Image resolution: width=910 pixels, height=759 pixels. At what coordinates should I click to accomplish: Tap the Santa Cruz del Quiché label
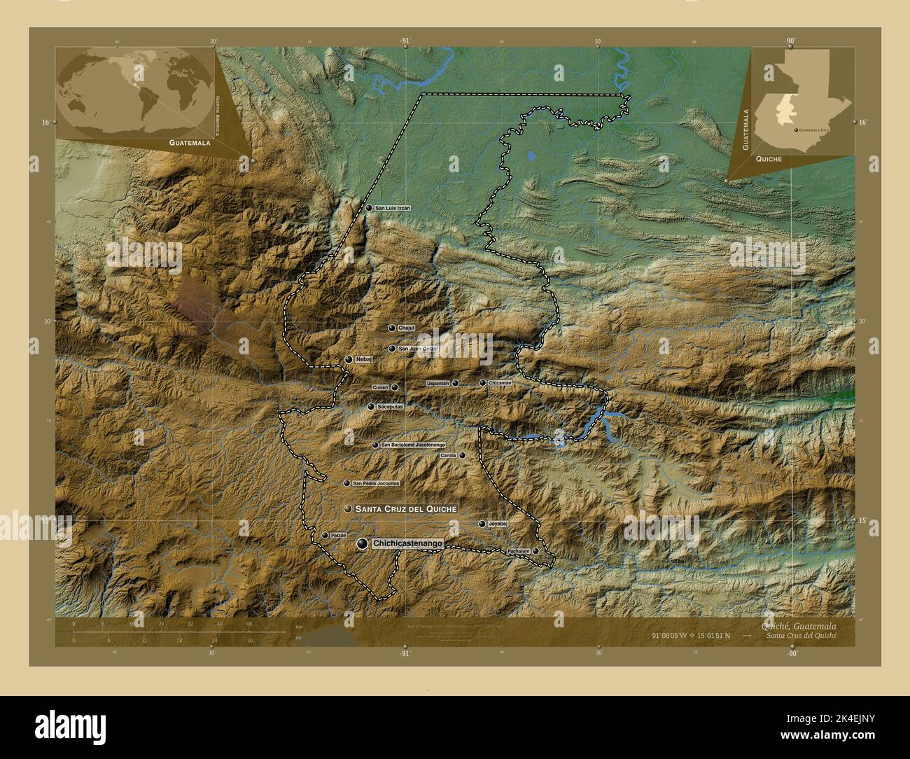(405, 508)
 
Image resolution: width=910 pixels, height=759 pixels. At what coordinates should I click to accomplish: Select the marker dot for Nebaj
(349, 359)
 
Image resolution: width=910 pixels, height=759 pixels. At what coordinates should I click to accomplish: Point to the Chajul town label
(406, 328)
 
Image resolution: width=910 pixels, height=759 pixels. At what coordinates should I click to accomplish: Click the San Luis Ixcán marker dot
(369, 208)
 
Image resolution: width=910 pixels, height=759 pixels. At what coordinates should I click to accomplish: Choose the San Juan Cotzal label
(418, 348)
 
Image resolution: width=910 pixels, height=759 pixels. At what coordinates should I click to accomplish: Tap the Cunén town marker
(395, 387)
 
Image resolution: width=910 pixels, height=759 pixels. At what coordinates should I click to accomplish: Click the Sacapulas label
(390, 406)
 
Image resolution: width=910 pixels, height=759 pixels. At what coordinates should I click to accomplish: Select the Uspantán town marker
(455, 384)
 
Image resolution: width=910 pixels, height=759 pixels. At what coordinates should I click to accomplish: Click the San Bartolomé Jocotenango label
(412, 445)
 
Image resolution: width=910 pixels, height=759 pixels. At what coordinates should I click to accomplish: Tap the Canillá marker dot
(462, 455)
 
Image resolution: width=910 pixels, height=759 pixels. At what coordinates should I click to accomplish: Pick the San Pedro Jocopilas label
(376, 483)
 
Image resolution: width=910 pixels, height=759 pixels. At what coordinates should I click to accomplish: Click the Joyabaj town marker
(482, 524)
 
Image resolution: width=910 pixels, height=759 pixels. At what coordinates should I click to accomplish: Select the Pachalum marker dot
(535, 551)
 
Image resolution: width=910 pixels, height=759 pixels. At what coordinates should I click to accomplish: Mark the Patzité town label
(339, 535)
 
